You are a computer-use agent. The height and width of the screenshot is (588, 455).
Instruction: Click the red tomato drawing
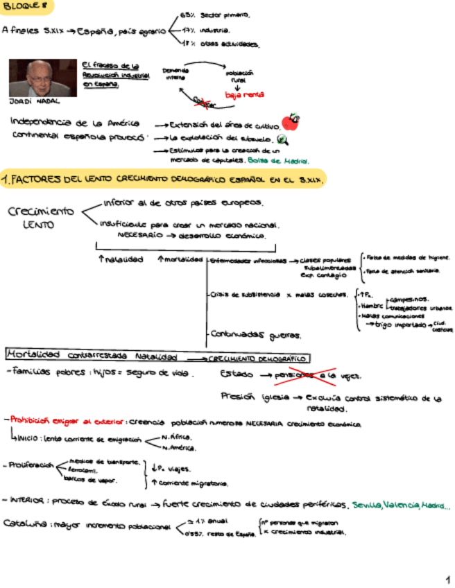[291, 123]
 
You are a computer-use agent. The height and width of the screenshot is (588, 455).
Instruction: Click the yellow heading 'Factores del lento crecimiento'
[164, 180]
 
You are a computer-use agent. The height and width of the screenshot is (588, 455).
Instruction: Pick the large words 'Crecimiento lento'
[40, 217]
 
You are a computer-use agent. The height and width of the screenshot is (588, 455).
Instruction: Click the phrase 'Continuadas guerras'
[256, 336]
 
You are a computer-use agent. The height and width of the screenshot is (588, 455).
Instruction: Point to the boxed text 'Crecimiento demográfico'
[250, 358]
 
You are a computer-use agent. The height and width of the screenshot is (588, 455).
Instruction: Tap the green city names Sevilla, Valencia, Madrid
[400, 505]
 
